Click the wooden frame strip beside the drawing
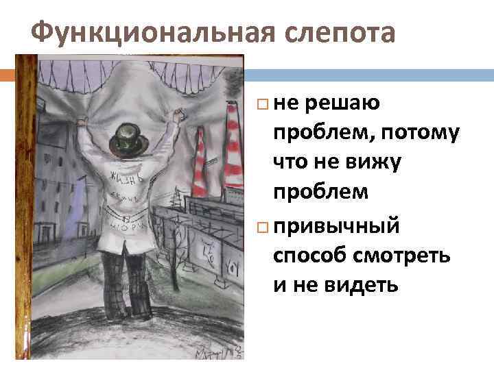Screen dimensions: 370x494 (x=27, y=206)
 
